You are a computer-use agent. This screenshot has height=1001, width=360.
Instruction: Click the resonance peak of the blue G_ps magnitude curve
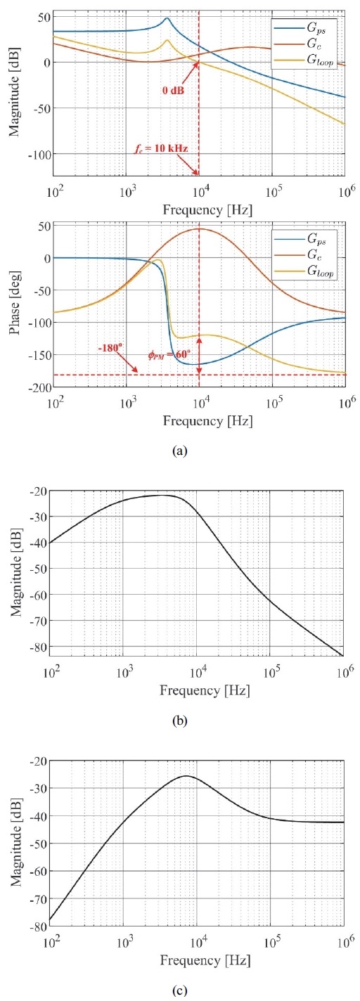167,19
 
